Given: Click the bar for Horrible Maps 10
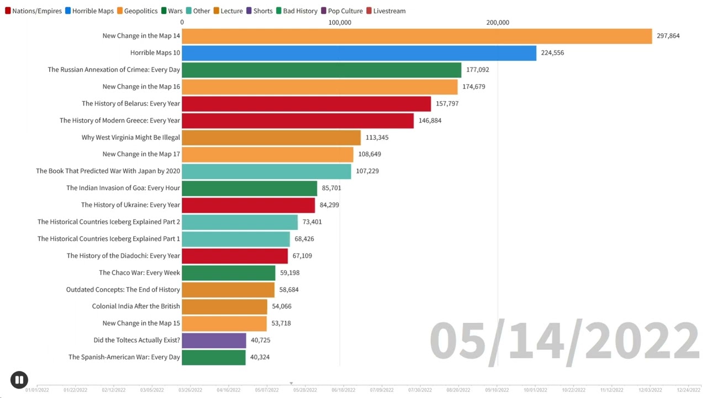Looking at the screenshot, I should (359, 53).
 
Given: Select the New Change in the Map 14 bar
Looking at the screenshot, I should (416, 36).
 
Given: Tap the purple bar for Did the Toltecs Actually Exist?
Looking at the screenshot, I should (214, 341).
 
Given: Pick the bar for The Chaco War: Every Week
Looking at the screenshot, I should (228, 273).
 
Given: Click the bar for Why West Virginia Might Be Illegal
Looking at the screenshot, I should (271, 138).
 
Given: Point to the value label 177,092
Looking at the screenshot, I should (477, 70).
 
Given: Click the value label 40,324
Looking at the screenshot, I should (260, 357).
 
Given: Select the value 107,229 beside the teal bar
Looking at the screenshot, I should (367, 171).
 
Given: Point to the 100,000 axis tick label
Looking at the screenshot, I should (340, 23).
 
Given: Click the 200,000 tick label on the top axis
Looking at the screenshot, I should (498, 23).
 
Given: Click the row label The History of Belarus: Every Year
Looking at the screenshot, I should (131, 104).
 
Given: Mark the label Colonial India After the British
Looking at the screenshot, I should (136, 306).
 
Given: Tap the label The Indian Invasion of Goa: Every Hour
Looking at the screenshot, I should (123, 188).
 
